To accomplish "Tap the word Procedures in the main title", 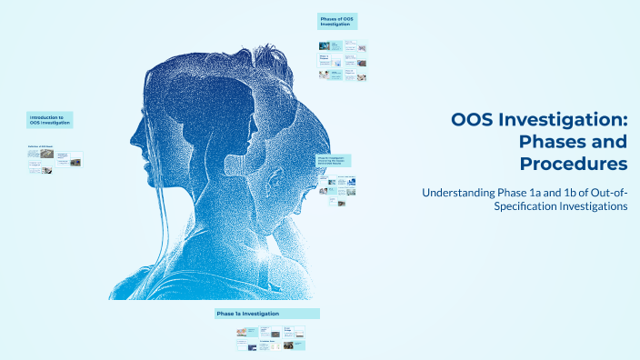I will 573,164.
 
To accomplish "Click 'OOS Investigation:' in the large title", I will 539,120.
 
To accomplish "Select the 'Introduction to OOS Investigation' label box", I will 50,120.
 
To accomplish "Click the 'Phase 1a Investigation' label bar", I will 266,314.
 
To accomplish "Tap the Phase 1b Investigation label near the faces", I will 334,160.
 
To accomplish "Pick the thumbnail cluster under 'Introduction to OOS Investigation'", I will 55,161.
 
